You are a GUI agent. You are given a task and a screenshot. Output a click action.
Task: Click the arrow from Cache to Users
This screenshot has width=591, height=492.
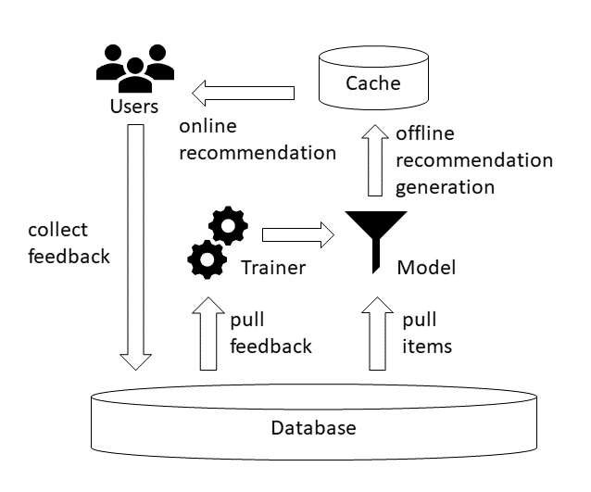243,91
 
